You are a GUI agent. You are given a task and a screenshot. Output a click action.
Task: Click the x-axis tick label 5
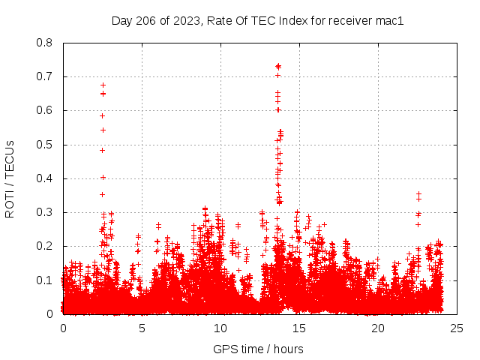(x=142, y=328)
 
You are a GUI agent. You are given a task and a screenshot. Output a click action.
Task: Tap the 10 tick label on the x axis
(x=220, y=328)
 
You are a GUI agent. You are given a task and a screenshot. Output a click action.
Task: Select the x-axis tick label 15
(x=299, y=328)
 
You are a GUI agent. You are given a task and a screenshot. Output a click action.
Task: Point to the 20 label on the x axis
(x=378, y=328)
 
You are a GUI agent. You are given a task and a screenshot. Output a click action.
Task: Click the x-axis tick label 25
(x=457, y=328)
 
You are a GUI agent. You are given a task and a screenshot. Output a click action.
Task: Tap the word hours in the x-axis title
(x=288, y=349)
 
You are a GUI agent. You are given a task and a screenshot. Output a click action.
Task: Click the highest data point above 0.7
(x=278, y=66)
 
